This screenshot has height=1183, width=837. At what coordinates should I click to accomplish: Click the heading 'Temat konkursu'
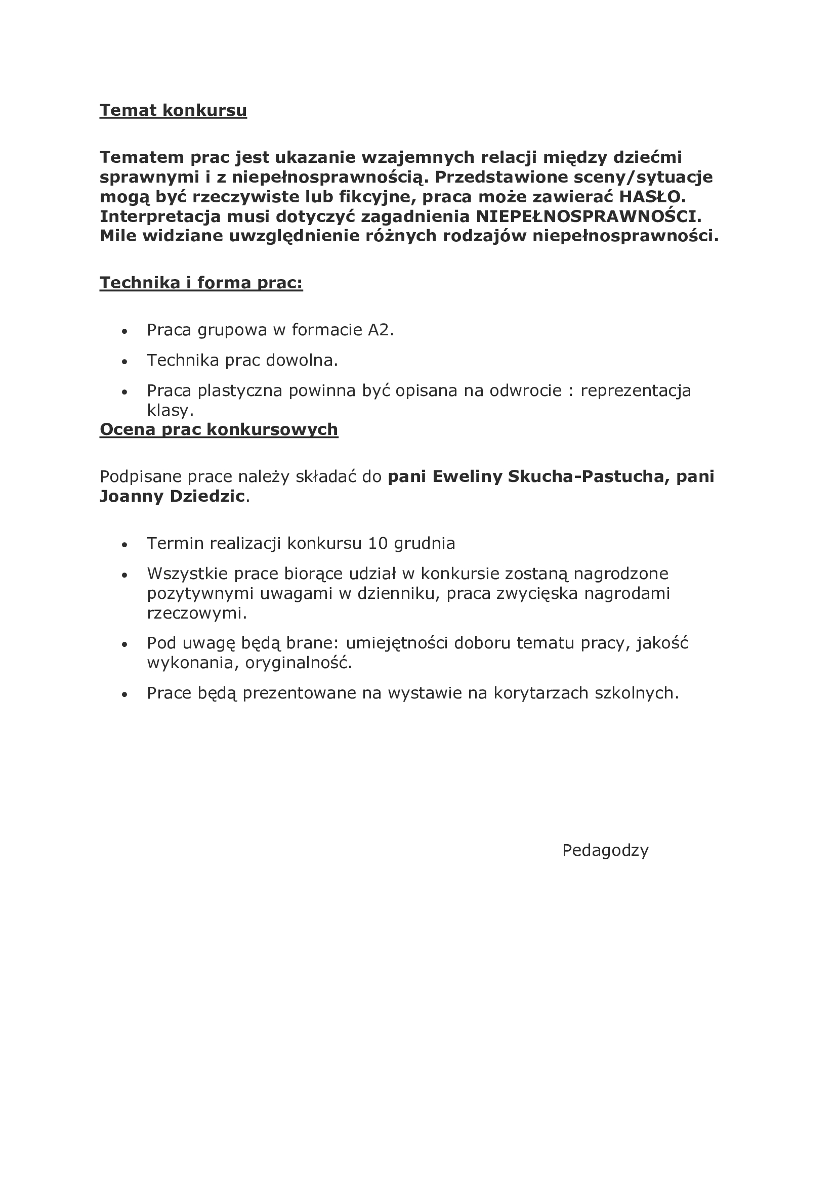173,111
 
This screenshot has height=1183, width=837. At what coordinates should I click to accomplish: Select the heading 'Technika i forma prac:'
201,283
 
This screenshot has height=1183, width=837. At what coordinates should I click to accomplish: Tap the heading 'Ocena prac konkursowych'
219,429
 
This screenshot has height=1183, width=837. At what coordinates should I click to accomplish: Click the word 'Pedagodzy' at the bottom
605,850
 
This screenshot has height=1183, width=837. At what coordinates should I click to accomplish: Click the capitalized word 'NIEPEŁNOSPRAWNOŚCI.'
589,216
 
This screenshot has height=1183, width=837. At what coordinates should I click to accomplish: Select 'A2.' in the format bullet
381,330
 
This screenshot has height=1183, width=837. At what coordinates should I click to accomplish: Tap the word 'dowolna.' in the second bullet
302,361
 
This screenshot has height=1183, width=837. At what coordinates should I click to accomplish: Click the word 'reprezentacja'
636,391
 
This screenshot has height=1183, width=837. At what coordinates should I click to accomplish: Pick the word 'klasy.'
170,411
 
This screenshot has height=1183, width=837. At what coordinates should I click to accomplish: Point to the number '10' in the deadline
378,544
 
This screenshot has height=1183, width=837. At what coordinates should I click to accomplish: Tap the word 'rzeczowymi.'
197,614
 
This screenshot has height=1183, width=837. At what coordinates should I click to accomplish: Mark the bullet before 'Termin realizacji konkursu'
123,545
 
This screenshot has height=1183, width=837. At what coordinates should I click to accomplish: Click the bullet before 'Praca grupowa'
123,332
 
